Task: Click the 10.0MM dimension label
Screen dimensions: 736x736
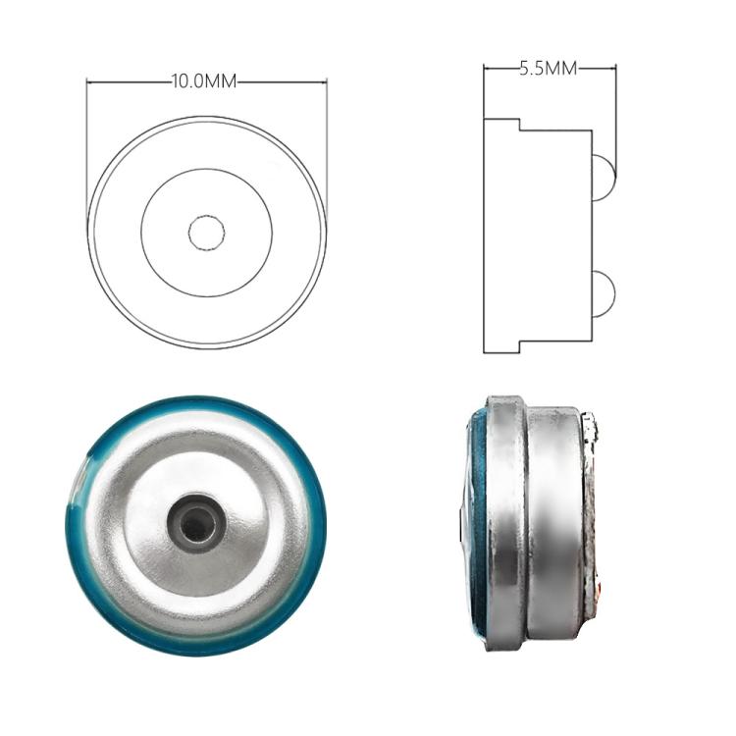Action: [x=204, y=81]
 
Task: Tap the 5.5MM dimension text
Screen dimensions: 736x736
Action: [x=548, y=68]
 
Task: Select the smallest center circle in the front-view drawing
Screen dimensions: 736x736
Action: [x=206, y=232]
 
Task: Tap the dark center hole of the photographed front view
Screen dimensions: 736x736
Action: [x=195, y=526]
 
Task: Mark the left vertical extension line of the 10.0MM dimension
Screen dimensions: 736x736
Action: [x=87, y=147]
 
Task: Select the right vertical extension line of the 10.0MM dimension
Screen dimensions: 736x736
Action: [x=326, y=147]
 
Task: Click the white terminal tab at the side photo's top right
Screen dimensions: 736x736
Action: [x=591, y=428]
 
